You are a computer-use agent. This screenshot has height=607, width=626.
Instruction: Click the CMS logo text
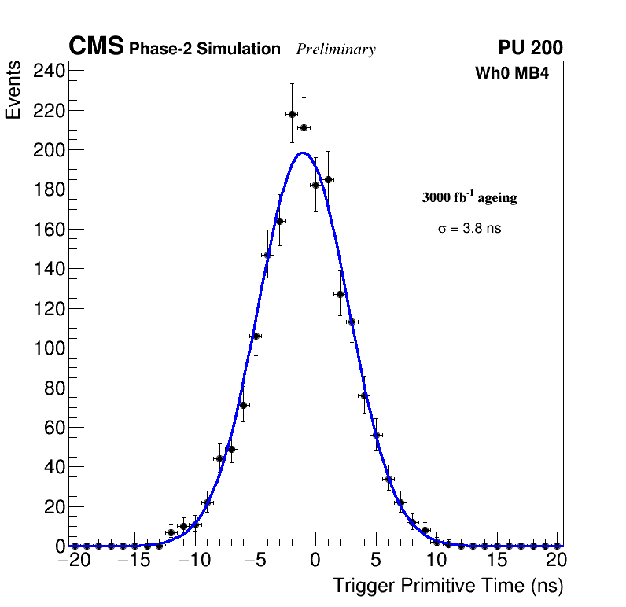(96, 47)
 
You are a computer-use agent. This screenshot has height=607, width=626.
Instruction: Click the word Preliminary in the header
(336, 50)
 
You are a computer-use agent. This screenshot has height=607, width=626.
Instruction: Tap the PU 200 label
(530, 48)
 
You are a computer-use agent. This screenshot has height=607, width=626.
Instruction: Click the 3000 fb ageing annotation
(469, 198)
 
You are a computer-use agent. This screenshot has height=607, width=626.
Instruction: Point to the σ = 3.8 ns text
(469, 229)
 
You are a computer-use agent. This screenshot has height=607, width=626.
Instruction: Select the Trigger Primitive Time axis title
(447, 586)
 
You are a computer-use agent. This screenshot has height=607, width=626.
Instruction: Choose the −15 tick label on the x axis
(134, 561)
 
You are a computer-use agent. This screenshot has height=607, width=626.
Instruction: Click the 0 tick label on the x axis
(315, 561)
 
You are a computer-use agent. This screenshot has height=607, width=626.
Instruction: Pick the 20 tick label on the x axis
(557, 561)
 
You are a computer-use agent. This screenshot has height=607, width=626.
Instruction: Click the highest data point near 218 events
(292, 114)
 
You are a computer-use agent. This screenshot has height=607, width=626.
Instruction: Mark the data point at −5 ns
(255, 336)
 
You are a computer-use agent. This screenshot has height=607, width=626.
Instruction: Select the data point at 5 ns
(376, 435)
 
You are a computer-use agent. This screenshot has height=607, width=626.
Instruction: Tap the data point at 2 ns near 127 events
(340, 294)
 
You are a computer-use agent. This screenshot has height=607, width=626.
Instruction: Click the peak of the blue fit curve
(304, 153)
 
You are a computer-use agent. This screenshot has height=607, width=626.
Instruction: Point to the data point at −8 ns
(219, 458)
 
